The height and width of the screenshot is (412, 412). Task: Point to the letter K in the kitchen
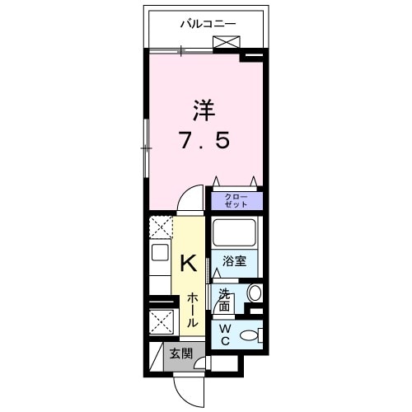(188, 263)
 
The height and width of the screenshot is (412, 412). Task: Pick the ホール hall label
(191, 310)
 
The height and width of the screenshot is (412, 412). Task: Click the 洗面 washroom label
(224, 298)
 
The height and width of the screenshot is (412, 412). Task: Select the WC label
(226, 333)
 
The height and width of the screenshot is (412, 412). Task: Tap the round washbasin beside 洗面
(254, 293)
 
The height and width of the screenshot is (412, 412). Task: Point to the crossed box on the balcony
(227, 44)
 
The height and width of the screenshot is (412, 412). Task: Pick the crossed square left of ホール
(160, 322)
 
